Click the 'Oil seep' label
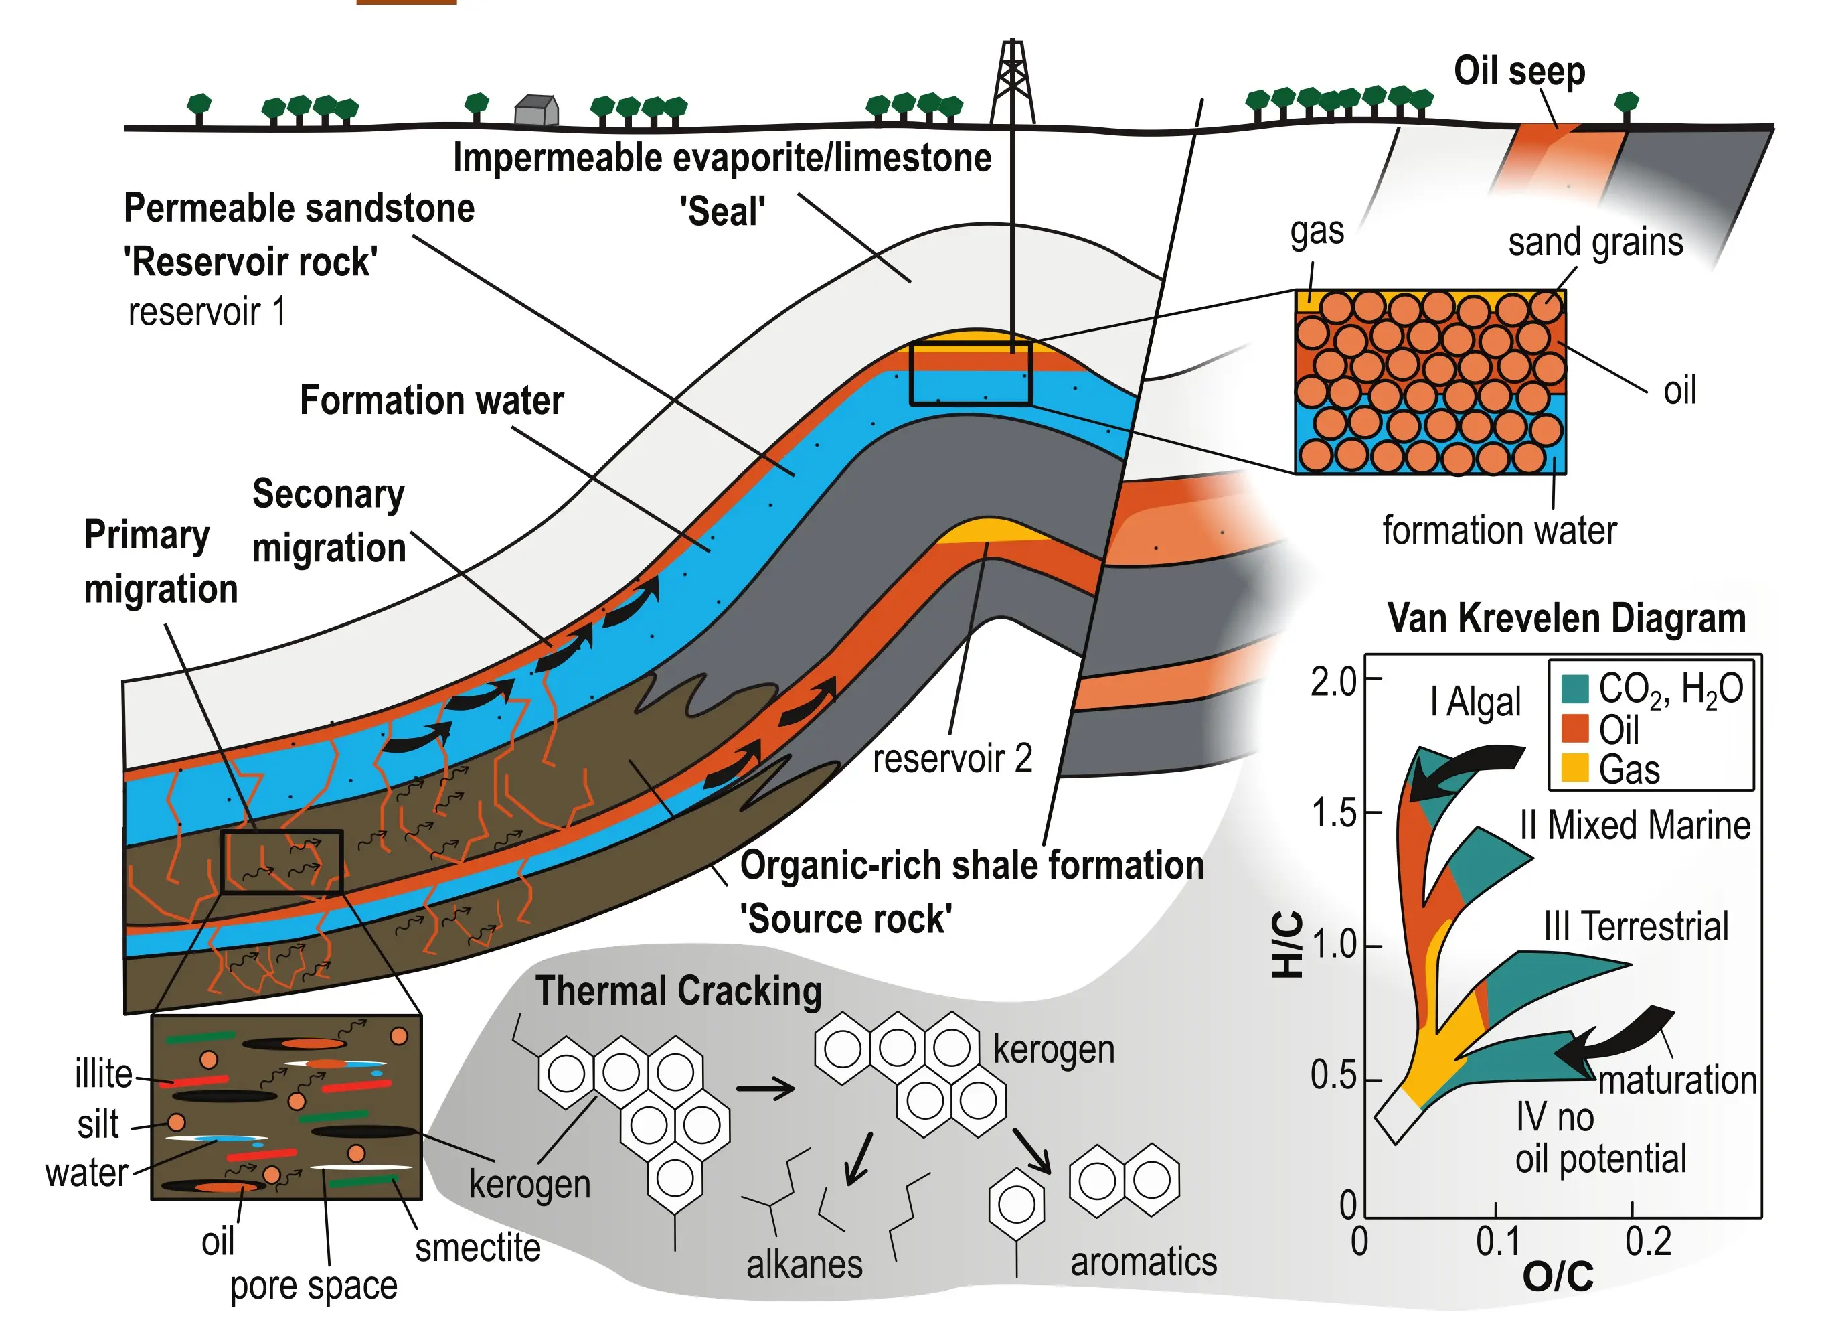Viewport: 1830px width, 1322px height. [x=1519, y=71]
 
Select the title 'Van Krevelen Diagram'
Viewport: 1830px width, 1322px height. [x=1566, y=619]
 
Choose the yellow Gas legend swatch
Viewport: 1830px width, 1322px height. [x=1574, y=767]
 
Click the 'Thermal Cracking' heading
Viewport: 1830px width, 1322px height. [x=679, y=991]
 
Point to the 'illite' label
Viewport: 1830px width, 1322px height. [x=103, y=1075]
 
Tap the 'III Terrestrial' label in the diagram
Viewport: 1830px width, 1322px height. [x=1635, y=926]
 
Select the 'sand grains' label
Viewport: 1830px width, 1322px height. [x=1595, y=242]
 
